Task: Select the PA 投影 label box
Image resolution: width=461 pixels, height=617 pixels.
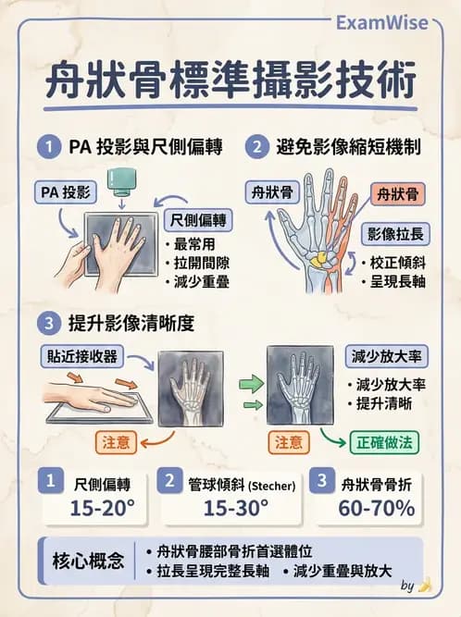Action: point(60,191)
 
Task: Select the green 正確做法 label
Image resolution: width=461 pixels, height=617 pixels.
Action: point(383,442)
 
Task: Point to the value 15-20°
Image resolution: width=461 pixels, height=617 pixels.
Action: point(102,507)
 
